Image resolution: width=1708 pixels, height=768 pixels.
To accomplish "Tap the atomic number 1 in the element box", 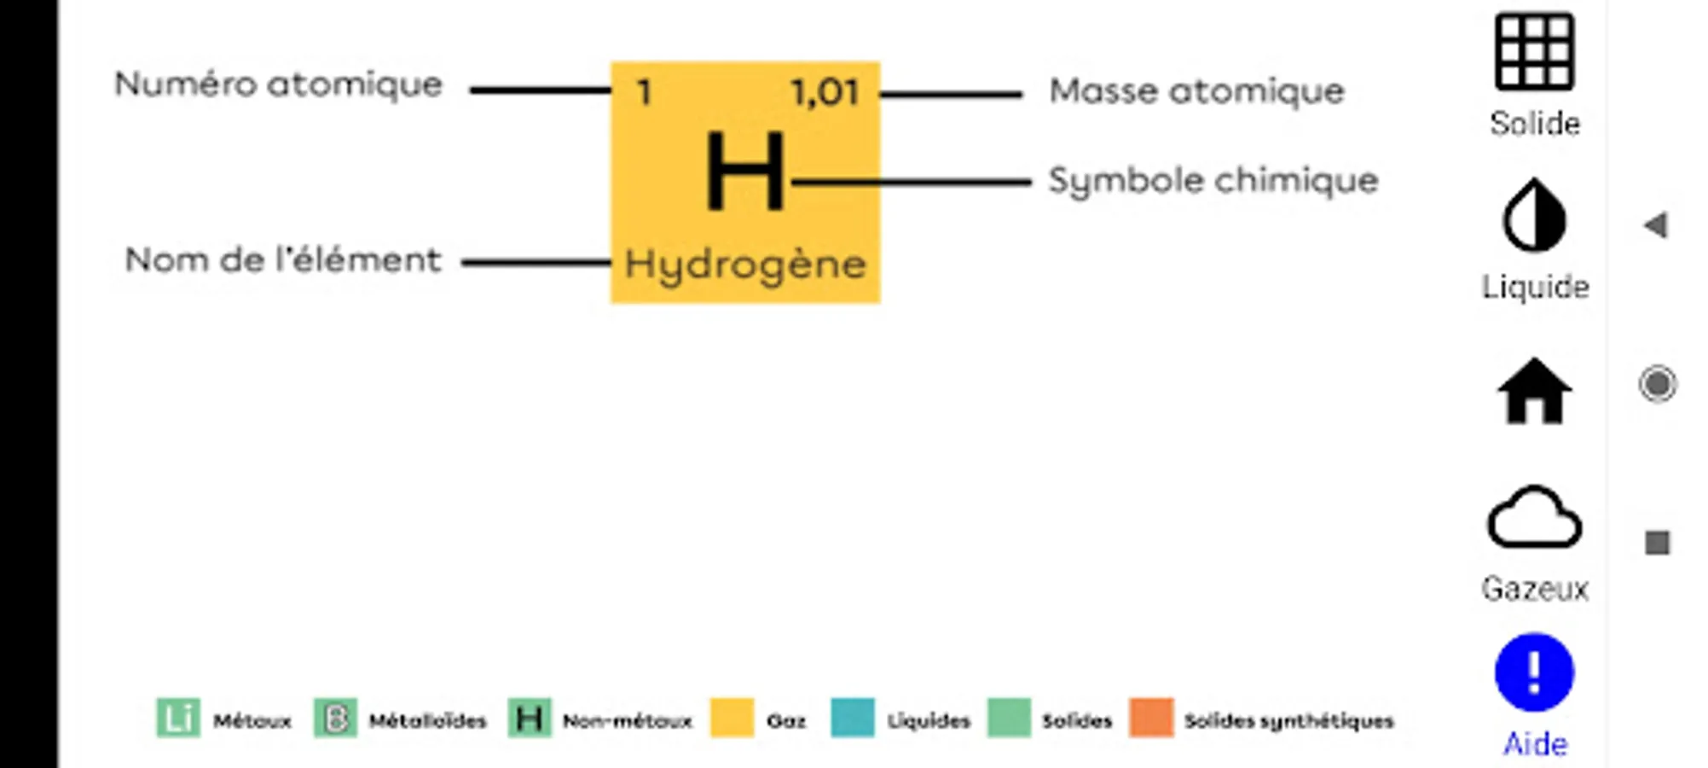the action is pos(645,92).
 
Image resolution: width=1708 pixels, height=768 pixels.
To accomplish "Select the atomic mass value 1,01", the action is pos(824,92).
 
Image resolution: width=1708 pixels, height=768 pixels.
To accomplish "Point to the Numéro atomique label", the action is pos(279,85).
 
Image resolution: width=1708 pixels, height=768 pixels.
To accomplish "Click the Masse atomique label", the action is pos(1196,90).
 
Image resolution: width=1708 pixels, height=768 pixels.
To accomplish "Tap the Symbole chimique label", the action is pos(1213,181).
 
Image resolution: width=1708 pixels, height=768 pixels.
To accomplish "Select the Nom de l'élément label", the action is pos(283,259).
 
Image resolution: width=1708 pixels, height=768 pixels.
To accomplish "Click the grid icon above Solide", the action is pos(1534,51).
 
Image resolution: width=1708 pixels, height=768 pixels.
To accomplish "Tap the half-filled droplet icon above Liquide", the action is pos(1534,215).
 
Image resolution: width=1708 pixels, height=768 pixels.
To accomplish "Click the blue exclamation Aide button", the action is pos(1534,672).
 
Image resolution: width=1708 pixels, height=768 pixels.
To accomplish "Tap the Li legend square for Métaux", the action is pos(178,718).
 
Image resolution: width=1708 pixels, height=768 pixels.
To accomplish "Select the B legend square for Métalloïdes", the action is pos(335,718).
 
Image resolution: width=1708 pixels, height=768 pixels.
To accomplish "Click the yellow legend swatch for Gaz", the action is pos(732,718).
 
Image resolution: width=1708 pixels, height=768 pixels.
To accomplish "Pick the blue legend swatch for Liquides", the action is pos(853,718).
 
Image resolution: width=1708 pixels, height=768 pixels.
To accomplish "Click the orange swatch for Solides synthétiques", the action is pos(1151,718).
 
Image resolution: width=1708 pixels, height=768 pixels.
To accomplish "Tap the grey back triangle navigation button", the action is pos(1656,225).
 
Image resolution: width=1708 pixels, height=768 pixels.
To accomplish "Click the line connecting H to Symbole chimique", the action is pos(911,182).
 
